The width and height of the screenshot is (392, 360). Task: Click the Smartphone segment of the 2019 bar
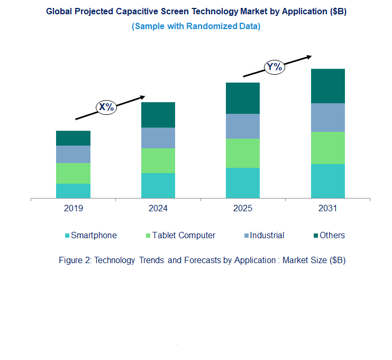tap(73, 191)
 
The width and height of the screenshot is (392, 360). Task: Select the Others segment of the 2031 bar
tap(327, 86)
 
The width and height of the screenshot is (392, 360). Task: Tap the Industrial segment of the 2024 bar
tap(158, 138)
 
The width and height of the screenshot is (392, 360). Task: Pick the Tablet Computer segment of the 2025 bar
tap(243, 153)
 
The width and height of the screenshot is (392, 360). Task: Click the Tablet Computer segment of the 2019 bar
tap(73, 173)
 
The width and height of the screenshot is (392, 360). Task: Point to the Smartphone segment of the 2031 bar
tap(327, 181)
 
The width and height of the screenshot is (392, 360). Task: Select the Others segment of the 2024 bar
tap(158, 114)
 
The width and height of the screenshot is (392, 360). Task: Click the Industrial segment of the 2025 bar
tap(243, 126)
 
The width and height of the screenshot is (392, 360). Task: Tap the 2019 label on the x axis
tap(74, 209)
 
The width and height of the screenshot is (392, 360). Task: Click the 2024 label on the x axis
tap(158, 209)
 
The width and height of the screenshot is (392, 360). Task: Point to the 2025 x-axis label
tap(243, 209)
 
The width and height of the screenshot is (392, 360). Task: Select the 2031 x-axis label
tap(327, 209)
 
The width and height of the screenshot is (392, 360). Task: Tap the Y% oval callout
tap(274, 67)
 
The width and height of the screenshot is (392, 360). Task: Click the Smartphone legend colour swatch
tap(67, 236)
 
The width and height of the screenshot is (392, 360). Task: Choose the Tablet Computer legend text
tap(184, 236)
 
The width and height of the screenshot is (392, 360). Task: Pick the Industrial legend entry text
tap(267, 236)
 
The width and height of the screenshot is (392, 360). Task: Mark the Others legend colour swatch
tap(315, 236)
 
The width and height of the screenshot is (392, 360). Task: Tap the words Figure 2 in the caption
tap(74, 260)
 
